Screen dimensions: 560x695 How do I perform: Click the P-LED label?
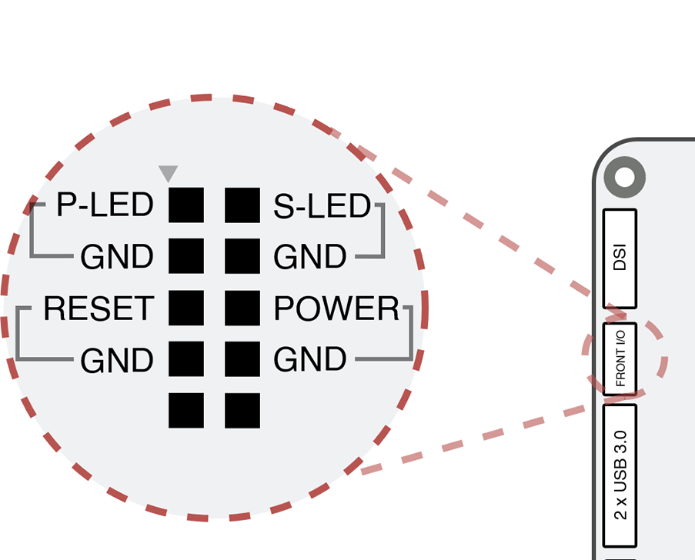(105, 205)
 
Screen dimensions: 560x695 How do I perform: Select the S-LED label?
(322, 205)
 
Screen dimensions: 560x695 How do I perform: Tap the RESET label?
(99, 308)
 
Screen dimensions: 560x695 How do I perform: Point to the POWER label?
(337, 308)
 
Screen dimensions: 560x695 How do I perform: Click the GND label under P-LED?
(117, 257)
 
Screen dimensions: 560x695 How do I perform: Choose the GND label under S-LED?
(310, 257)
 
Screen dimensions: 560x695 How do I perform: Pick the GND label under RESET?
(117, 359)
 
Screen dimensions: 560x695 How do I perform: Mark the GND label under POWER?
(310, 359)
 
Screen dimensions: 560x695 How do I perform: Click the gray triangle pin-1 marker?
(168, 173)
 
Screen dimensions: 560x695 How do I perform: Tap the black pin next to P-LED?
(186, 205)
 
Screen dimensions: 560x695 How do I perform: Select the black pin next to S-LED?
(242, 205)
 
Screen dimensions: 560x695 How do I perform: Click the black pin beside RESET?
(186, 308)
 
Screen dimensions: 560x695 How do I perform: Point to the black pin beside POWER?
(242, 308)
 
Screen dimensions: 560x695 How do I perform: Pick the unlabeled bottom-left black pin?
(186, 410)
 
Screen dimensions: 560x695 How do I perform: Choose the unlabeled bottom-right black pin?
(242, 410)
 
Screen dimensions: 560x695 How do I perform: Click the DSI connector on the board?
(620, 258)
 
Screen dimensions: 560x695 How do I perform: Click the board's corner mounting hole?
(623, 178)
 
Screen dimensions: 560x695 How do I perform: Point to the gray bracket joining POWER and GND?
(411, 334)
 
